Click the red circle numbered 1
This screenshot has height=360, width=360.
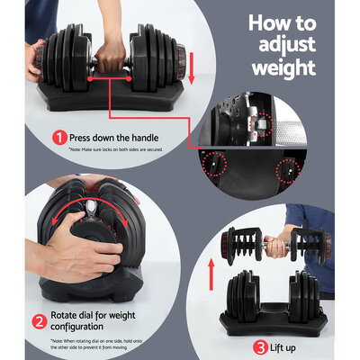pyautogui.click(x=59, y=139)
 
